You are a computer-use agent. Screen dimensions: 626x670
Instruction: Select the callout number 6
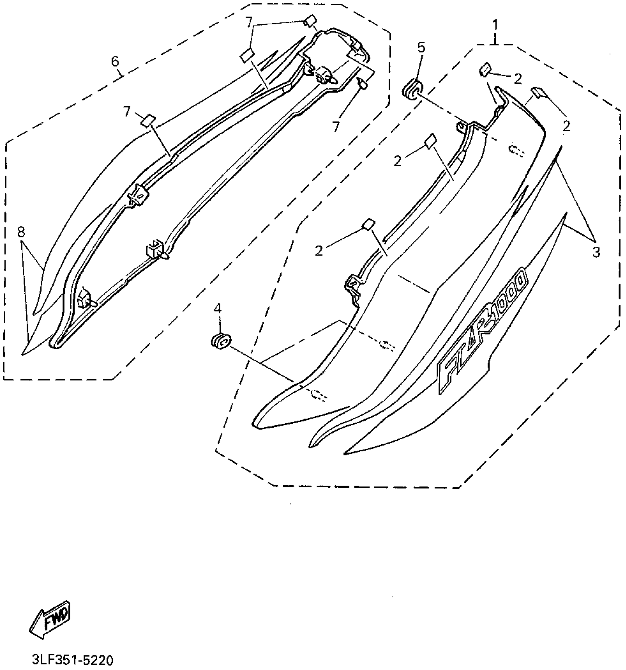(116, 62)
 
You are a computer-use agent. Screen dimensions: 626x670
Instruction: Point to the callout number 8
(21, 232)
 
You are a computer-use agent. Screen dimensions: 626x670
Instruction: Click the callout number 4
(218, 308)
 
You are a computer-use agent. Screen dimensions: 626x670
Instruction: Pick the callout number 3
(597, 253)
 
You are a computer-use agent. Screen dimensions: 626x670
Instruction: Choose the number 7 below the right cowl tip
(336, 126)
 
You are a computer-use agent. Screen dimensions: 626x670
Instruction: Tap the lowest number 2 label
(319, 251)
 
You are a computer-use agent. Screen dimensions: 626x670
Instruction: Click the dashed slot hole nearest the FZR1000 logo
(387, 345)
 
